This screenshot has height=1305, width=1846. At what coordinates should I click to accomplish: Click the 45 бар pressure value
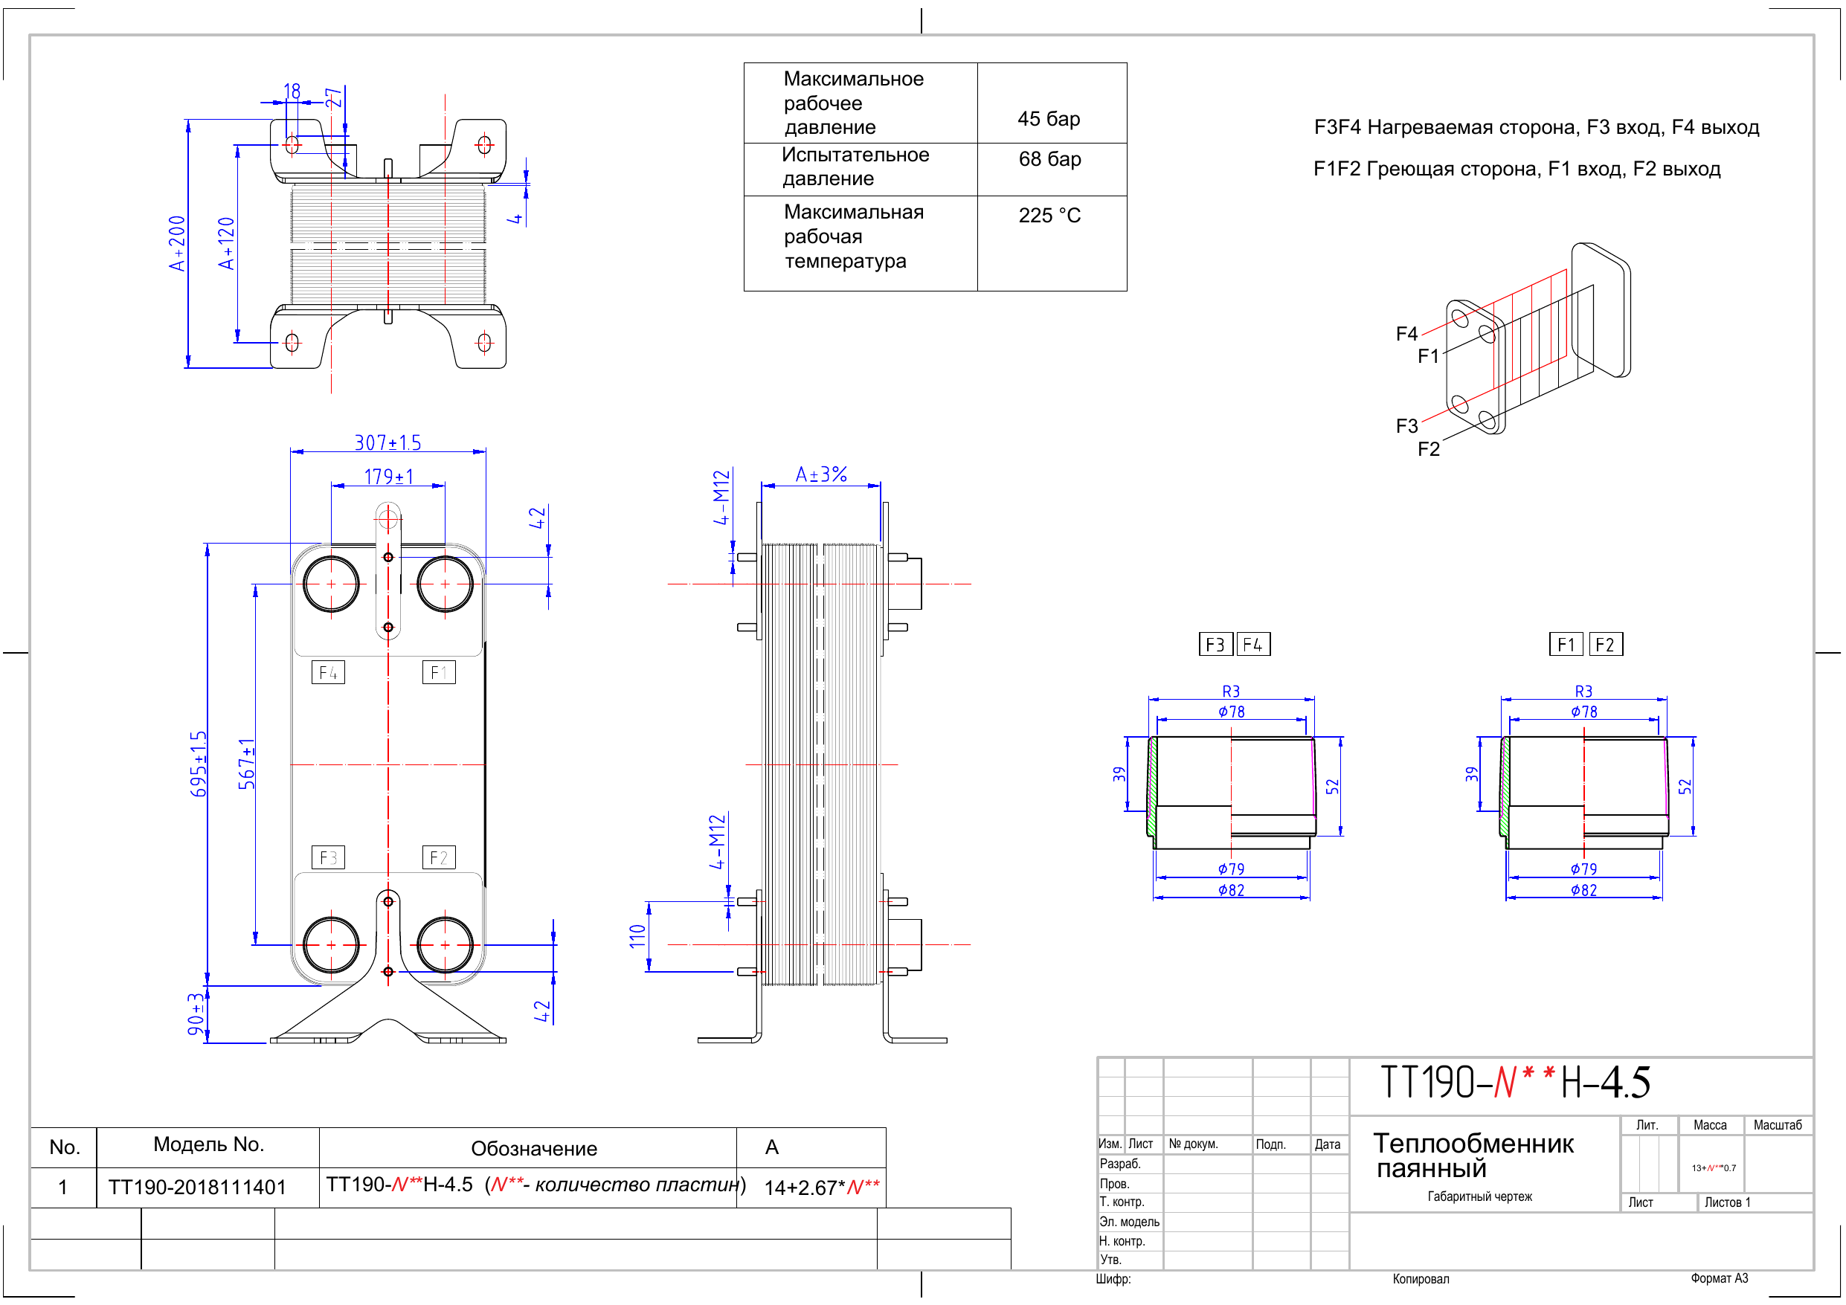coord(1049,119)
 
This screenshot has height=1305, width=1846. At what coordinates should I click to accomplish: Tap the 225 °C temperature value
coord(1049,216)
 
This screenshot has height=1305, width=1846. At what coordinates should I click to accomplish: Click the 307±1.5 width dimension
coord(387,442)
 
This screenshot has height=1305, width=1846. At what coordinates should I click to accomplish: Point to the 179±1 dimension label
coord(388,477)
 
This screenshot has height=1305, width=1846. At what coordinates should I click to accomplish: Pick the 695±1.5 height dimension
coord(198,764)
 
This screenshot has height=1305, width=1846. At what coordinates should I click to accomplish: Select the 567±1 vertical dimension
coord(246,764)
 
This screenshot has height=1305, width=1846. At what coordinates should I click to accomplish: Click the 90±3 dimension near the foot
coord(196,1014)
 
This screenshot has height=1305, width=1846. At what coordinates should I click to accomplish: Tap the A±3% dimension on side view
coord(821,474)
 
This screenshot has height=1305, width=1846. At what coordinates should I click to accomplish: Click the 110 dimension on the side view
coord(637,936)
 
